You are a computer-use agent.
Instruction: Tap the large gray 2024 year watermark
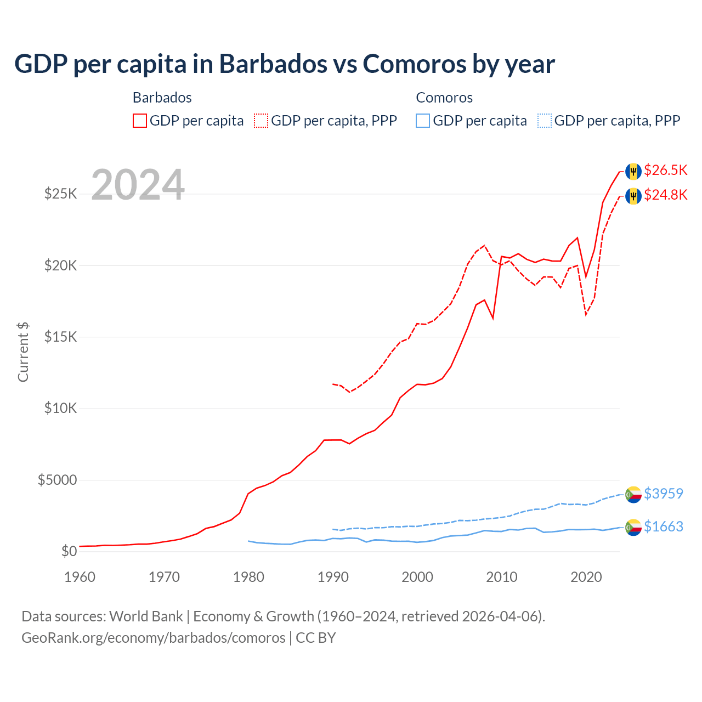coord(138,185)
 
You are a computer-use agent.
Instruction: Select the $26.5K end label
coord(665,170)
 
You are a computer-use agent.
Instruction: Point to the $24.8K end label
coord(665,195)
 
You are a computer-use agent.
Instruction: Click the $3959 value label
coord(663,494)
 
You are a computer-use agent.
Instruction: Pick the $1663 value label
coord(663,526)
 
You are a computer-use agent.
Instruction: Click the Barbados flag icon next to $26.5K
coord(633,171)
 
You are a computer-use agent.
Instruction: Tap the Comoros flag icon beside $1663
coord(633,527)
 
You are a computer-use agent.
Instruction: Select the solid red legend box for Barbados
coord(140,121)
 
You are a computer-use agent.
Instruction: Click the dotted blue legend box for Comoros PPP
coord(545,121)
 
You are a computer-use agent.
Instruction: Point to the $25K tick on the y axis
coord(61,194)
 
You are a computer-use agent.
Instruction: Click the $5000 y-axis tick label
coord(57,480)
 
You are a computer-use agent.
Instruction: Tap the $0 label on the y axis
coord(69,551)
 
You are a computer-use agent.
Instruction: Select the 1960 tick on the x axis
coord(80,577)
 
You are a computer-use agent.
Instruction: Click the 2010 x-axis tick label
coord(502,577)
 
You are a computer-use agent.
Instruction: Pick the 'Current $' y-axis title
coord(23,352)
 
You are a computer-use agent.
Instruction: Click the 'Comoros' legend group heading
coord(444,98)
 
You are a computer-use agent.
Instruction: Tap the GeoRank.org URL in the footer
coord(153,638)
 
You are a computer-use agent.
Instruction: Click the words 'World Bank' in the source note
coord(146,616)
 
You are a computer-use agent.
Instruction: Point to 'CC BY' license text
coord(316,638)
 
